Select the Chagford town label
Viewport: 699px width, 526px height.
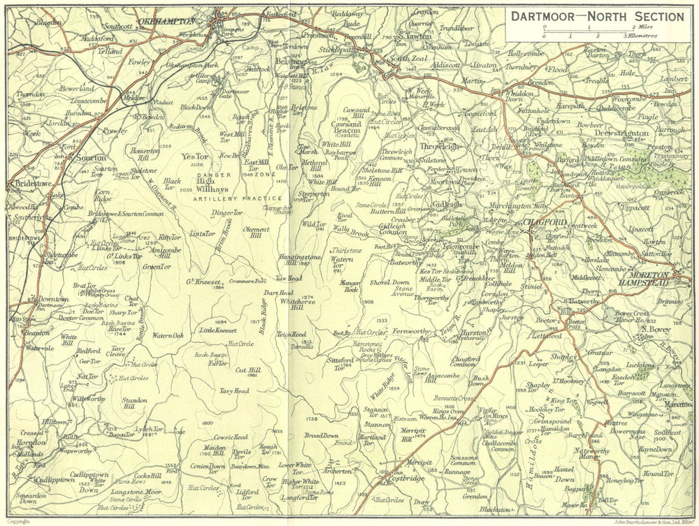(x=544, y=222)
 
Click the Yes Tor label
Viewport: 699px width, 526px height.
(x=191, y=156)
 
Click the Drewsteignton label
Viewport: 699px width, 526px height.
(x=621, y=133)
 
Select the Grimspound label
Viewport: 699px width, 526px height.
(x=551, y=422)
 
